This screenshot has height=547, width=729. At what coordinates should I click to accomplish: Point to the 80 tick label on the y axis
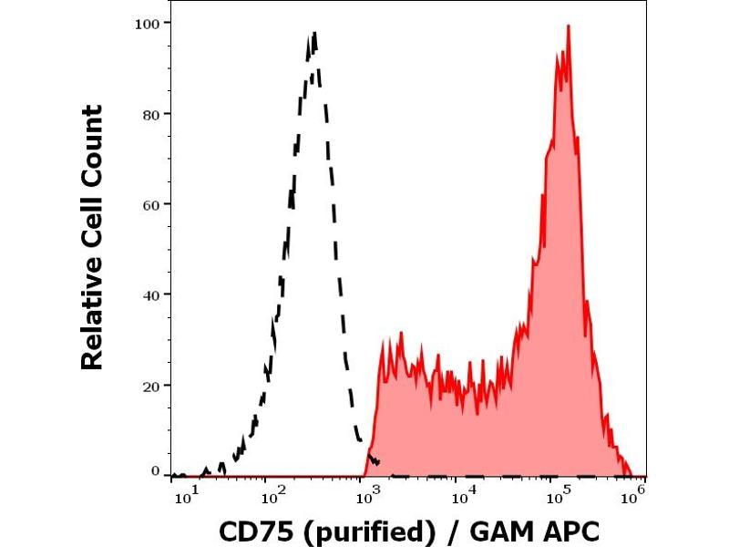151,114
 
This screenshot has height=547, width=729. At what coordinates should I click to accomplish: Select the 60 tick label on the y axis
151,204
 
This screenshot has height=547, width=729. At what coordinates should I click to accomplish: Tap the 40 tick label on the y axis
151,294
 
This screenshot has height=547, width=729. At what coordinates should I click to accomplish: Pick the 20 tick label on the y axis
151,385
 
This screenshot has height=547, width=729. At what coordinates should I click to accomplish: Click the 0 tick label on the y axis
155,471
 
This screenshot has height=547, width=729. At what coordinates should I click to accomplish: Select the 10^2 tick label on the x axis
271,494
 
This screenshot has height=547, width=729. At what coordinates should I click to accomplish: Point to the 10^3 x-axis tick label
367,494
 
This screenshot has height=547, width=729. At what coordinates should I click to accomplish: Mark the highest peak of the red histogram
568,26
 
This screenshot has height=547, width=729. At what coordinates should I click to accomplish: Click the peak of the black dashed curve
314,34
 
